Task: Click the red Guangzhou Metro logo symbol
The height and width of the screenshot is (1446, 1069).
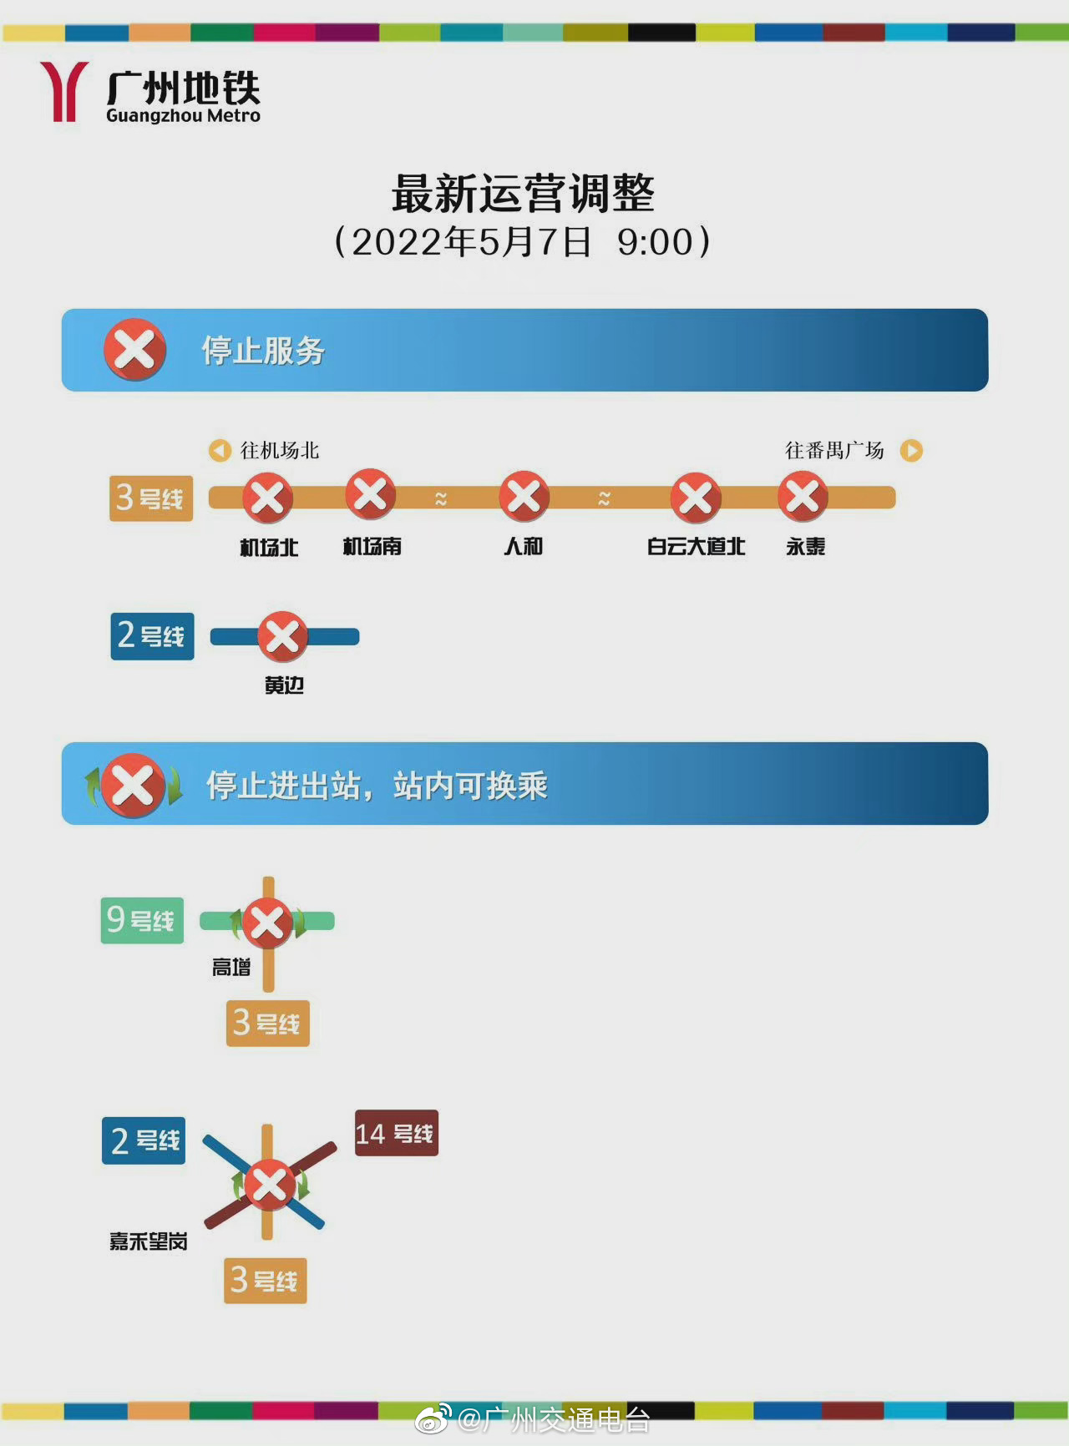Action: [x=64, y=91]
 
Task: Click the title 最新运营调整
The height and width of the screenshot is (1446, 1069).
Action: [x=524, y=194]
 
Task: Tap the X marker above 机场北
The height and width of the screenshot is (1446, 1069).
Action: [x=267, y=498]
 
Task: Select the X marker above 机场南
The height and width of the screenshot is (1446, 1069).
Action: [x=371, y=494]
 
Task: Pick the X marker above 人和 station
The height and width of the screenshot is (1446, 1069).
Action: [x=524, y=496]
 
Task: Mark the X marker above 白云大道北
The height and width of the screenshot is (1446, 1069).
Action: [x=696, y=498]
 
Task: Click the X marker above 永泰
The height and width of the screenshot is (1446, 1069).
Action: [x=803, y=496]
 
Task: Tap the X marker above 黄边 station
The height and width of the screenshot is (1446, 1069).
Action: [x=282, y=637]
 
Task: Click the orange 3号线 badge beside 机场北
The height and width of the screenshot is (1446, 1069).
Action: [x=151, y=498]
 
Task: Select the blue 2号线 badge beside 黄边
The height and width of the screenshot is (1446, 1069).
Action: [x=152, y=636]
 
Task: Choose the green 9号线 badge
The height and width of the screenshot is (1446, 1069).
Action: [x=142, y=921]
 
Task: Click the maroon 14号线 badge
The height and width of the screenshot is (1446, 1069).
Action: [x=397, y=1133]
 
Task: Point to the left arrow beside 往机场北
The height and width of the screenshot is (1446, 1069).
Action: [x=220, y=451]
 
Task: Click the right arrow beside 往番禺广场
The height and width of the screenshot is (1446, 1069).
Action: [x=911, y=451]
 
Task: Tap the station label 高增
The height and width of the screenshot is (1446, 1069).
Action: [x=231, y=968]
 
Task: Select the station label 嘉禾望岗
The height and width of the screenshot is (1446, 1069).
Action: [x=149, y=1241]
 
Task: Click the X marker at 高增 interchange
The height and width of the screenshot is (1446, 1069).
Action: [x=267, y=923]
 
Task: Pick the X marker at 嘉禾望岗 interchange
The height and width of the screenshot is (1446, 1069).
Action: [x=269, y=1185]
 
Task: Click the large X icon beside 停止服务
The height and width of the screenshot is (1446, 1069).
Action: [x=134, y=350]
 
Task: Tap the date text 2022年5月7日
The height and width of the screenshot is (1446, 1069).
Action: [x=471, y=242]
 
